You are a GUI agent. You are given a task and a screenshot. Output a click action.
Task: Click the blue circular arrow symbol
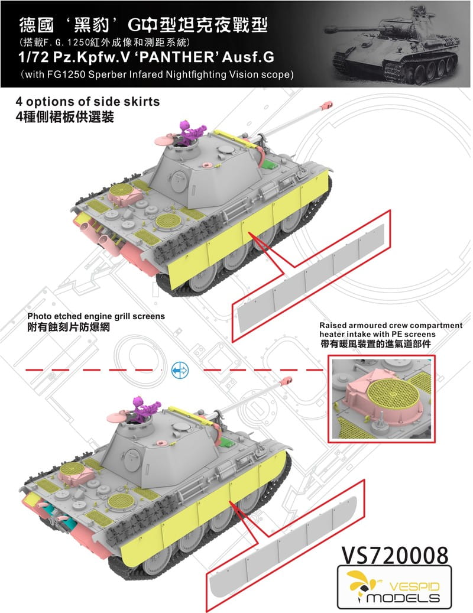(179, 370)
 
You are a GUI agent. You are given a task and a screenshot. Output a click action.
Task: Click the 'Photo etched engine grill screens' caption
(96, 316)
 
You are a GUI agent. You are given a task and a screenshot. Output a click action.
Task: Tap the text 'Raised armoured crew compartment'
(390, 326)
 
